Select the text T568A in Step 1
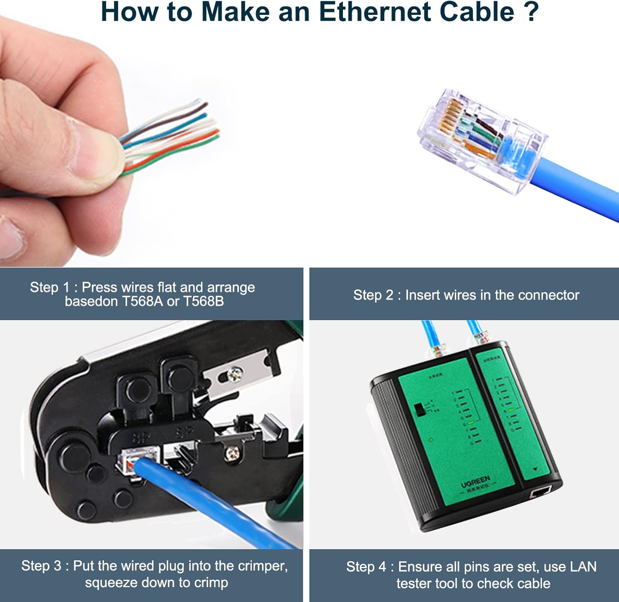point(142,302)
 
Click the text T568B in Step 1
point(203,302)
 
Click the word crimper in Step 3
point(261,566)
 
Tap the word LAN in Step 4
point(583,567)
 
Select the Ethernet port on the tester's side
point(540,491)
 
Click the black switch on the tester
point(421,409)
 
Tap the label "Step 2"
point(373,295)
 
